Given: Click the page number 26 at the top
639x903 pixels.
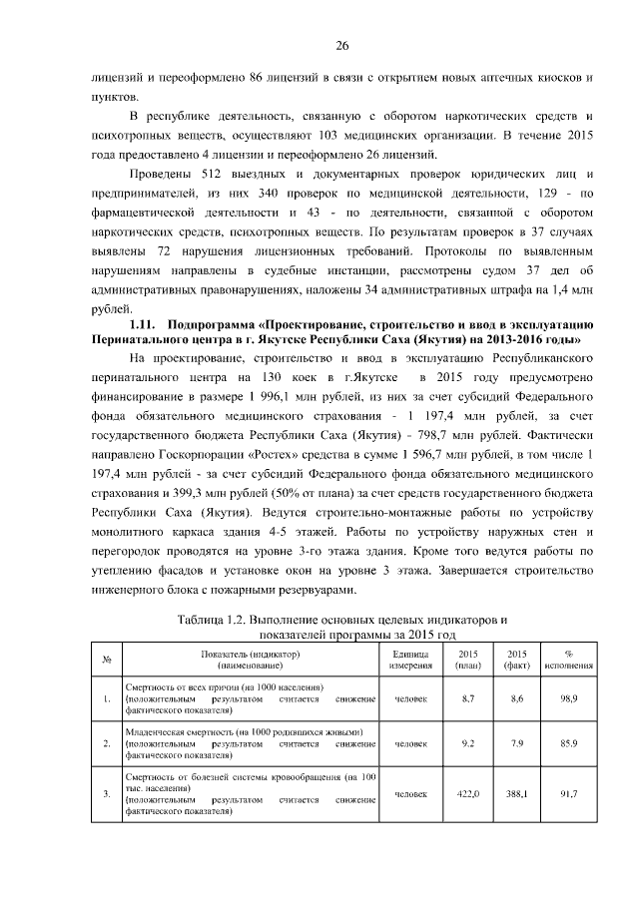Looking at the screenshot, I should coord(340,46).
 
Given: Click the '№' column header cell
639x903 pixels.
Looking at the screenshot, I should coord(106,660).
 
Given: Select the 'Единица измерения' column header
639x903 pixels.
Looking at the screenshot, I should coord(410,660).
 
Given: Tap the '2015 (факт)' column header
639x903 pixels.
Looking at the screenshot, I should coord(517,660).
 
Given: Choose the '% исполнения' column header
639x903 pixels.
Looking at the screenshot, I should coord(569,660).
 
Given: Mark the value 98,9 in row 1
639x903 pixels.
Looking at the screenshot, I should coord(569,699).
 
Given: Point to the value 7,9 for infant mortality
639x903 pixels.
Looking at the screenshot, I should coord(517,743).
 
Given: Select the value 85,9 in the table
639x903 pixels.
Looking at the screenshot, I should coord(569,743).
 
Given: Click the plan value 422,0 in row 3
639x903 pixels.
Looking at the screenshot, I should coord(467,793).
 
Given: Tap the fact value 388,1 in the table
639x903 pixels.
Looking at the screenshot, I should coord(517,793).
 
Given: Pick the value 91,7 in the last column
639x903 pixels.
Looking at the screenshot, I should coord(569,793).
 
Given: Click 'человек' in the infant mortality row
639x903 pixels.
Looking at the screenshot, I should coord(410,743).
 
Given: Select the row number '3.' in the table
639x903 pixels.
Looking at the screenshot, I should coord(106,793).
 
